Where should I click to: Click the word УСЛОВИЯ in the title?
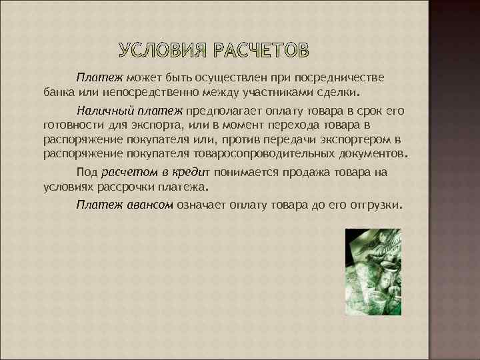pyautogui.click(x=163, y=51)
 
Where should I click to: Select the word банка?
pyautogui.click(x=58, y=91)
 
